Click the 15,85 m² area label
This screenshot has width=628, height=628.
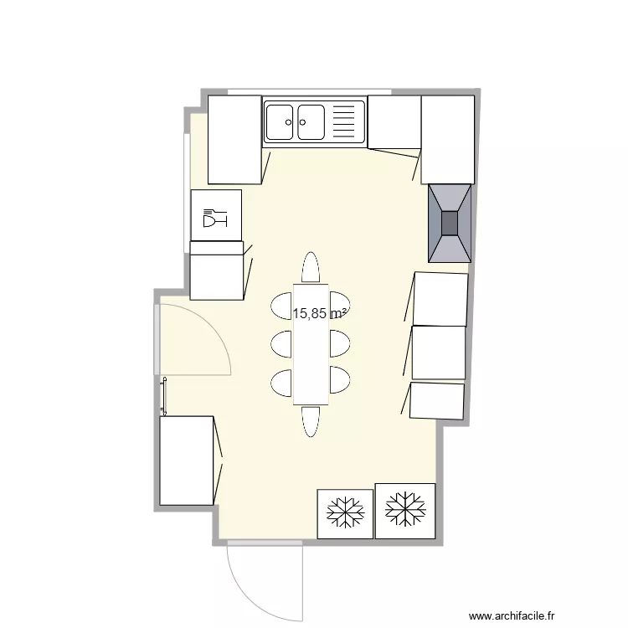[x=320, y=314]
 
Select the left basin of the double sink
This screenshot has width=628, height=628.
[x=280, y=121]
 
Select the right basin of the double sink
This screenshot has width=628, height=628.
[x=311, y=121]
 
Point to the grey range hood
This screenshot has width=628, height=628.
[x=450, y=224]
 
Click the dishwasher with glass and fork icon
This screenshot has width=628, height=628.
[x=216, y=215]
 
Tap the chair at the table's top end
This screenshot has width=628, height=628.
[x=311, y=267]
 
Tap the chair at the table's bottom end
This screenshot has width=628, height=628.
[x=311, y=421]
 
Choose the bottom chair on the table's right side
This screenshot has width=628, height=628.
[x=340, y=380]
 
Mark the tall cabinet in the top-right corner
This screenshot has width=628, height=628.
[x=447, y=139]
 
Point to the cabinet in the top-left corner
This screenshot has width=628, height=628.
[x=234, y=139]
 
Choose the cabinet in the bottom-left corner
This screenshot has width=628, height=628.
[x=187, y=461]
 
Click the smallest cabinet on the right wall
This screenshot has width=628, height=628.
[x=437, y=401]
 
